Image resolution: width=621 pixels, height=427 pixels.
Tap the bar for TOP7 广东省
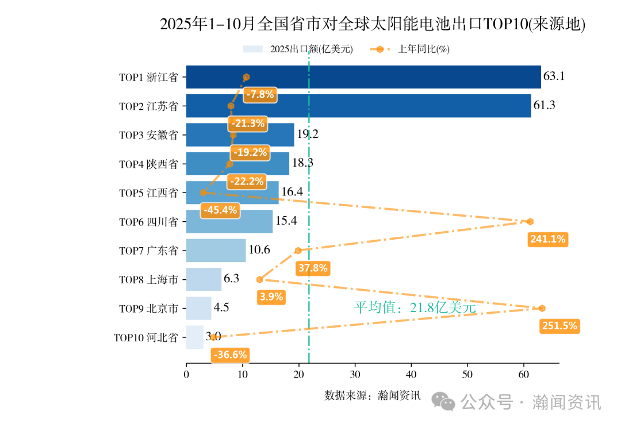(216, 251)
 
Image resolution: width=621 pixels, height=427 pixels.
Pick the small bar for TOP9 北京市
(198, 308)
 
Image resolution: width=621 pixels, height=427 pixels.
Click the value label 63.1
(554, 76)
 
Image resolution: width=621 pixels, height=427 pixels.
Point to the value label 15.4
(286, 221)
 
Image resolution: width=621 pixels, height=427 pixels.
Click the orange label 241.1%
(548, 239)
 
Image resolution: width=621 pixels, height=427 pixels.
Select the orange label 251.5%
(559, 326)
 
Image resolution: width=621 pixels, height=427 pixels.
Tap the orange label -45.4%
(219, 210)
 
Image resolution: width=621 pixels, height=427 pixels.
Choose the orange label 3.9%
(271, 297)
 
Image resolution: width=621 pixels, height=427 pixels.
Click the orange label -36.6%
(229, 355)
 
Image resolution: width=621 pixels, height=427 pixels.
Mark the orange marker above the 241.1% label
(530, 222)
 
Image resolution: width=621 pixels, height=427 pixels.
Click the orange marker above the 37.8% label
(298, 251)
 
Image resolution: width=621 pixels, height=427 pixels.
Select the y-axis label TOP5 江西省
(148, 193)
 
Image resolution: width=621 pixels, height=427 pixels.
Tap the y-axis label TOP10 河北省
(145, 337)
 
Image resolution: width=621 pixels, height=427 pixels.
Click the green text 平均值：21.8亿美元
(415, 307)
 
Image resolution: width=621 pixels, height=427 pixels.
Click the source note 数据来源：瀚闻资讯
(373, 395)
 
